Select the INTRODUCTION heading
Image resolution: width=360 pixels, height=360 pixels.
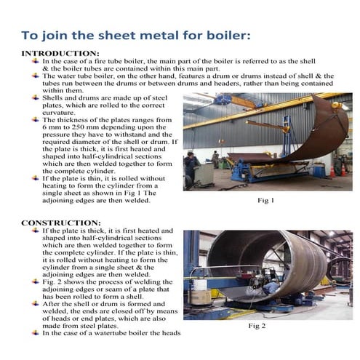[x=60, y=54]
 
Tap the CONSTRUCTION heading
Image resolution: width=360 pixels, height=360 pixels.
[x=60, y=223]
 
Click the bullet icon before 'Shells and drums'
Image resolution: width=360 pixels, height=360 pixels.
[x=35, y=97]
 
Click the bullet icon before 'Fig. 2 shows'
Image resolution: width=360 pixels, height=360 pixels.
[x=35, y=281]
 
